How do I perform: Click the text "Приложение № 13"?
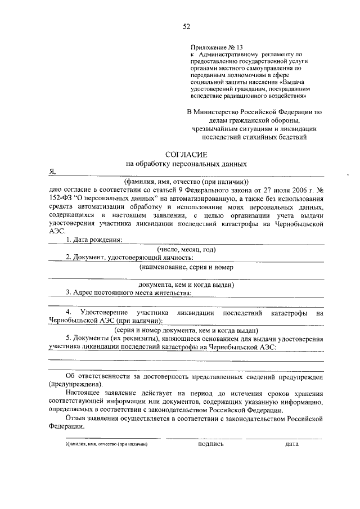pos(216,47)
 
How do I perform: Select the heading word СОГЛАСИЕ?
pos(186,154)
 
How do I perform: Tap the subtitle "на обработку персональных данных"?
pos(186,164)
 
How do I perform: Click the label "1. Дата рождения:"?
pos(94,240)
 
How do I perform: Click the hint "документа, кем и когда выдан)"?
pos(186,284)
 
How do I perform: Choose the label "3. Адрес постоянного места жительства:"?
pos(129,292)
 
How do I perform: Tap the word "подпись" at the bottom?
pos(211,444)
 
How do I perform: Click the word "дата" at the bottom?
pos(291,444)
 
